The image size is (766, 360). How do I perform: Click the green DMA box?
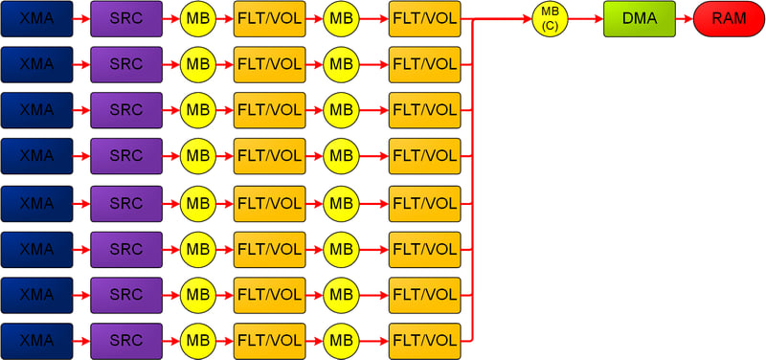tap(640, 18)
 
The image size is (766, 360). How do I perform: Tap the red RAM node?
tap(730, 18)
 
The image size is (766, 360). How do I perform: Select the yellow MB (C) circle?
tap(550, 19)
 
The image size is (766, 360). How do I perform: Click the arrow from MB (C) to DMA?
tap(586, 19)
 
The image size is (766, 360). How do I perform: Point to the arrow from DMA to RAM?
tap(685, 19)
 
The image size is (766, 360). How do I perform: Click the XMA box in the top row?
tap(36, 18)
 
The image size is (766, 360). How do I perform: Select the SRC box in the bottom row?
tap(126, 341)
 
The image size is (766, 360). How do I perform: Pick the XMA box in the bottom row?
tap(36, 341)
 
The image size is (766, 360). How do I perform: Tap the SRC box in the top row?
tap(126, 18)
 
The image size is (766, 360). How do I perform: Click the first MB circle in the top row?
tap(198, 19)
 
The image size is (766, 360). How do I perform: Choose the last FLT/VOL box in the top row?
tap(425, 18)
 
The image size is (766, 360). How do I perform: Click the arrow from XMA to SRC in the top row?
tap(81, 19)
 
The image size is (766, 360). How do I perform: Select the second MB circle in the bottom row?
tap(341, 341)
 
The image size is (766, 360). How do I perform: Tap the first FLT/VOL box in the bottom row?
tap(270, 341)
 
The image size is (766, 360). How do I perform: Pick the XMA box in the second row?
tap(36, 64)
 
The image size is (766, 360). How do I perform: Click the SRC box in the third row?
tap(126, 110)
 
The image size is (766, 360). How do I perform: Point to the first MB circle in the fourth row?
tap(198, 156)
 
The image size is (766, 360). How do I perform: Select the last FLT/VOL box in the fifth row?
tap(425, 204)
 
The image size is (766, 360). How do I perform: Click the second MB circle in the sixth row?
tap(341, 250)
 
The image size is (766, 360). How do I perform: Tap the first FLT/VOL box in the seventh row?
tap(270, 295)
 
